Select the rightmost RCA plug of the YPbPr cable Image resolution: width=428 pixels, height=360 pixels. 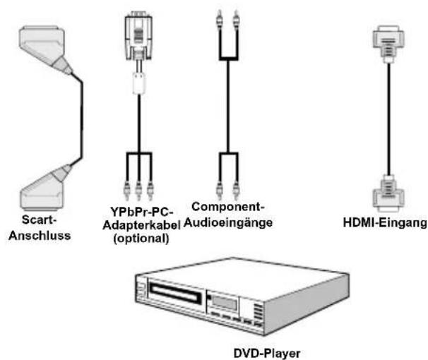point(150,190)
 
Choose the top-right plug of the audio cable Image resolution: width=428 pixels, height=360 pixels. point(236,18)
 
